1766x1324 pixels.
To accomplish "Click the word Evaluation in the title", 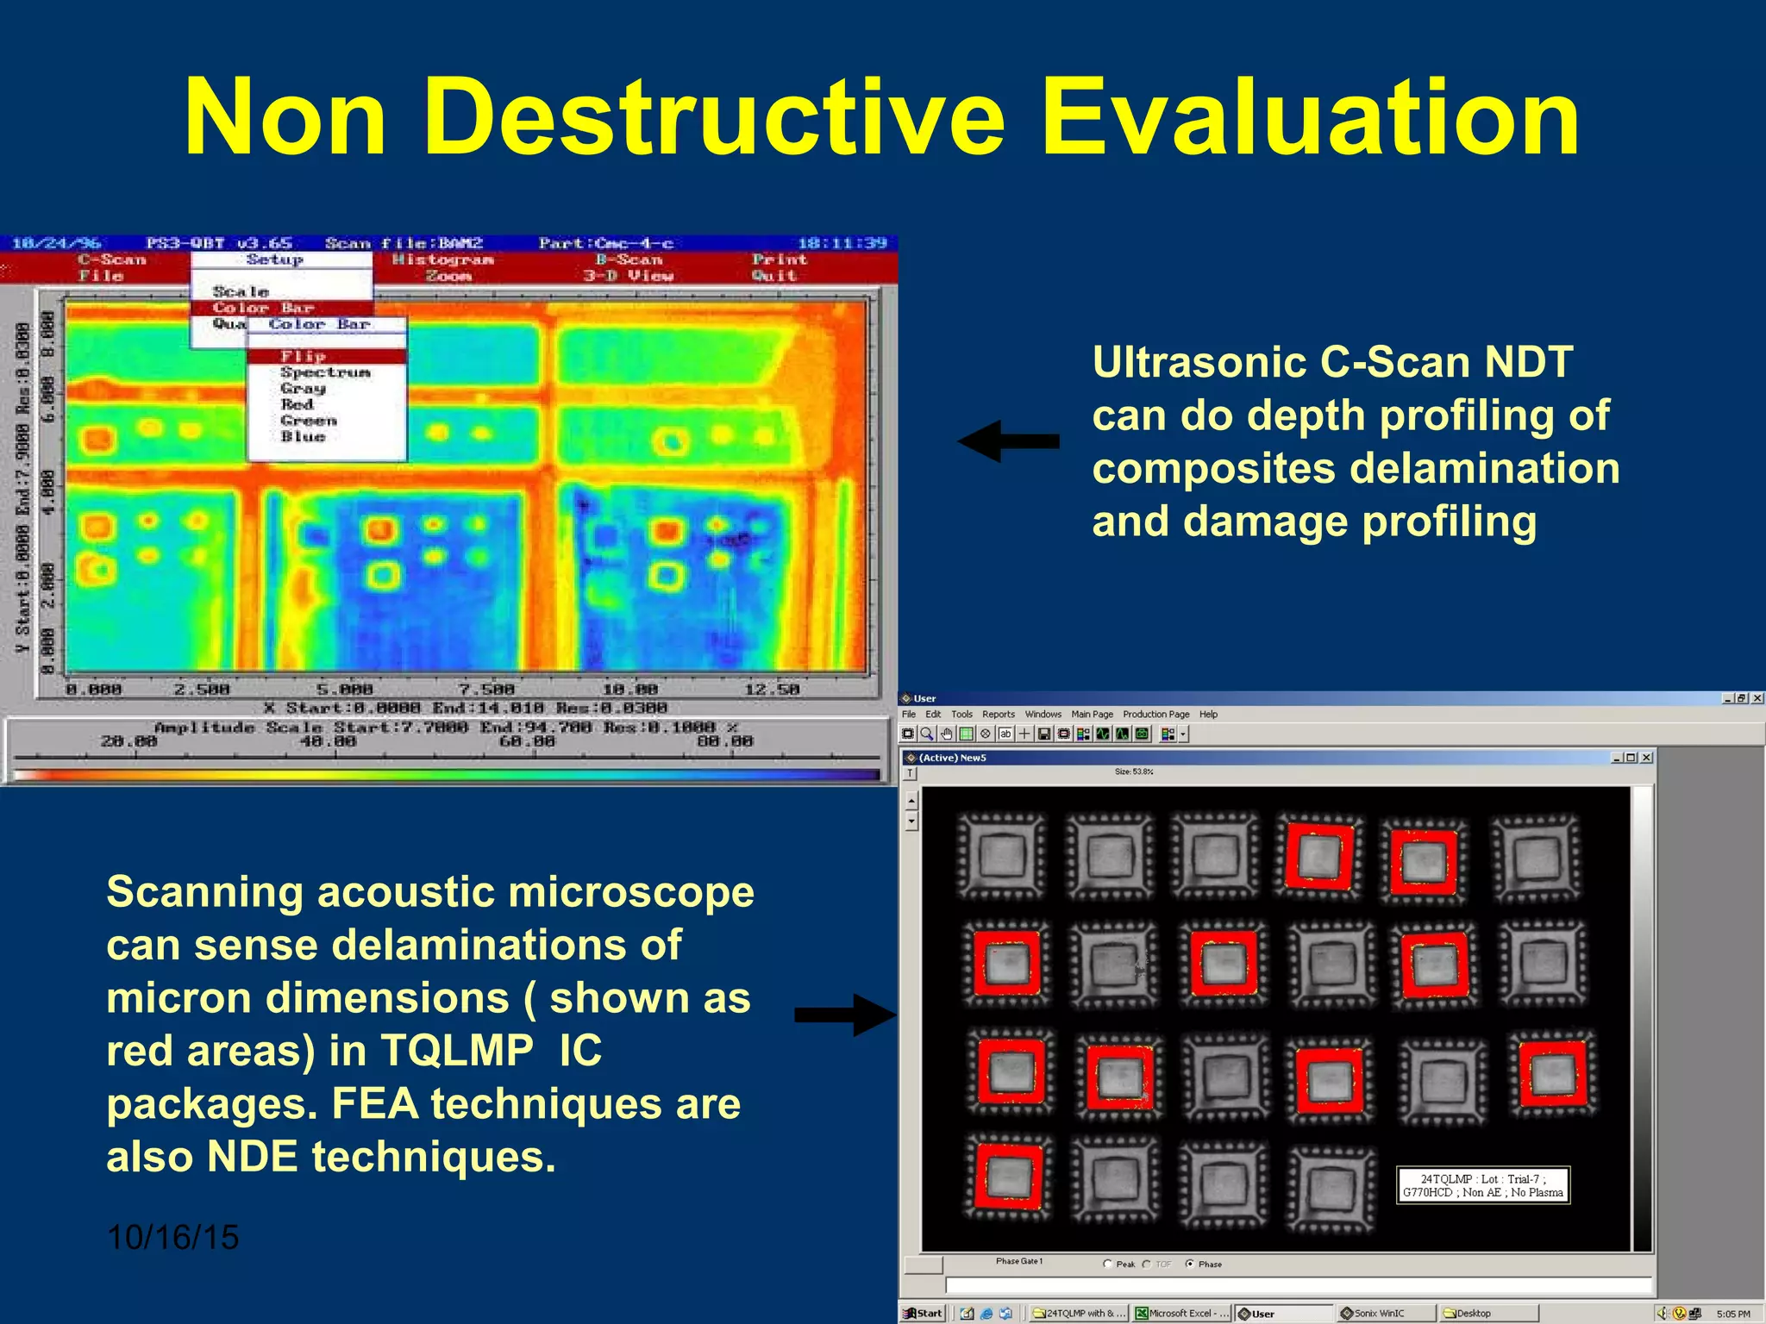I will click(1311, 118).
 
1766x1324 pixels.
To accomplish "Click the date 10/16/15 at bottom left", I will click(172, 1238).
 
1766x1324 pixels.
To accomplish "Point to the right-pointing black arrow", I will click(846, 1015).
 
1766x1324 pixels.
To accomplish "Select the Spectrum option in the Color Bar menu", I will click(325, 372).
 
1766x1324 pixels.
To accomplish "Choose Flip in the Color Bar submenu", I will click(304, 356).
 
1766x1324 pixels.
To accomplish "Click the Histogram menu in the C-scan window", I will click(442, 259).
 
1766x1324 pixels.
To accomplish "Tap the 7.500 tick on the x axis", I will click(486, 690).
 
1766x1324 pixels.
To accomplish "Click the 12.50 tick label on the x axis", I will click(772, 690).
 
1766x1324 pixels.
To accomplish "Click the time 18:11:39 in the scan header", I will click(842, 243).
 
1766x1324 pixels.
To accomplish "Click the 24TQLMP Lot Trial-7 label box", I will click(1482, 1185).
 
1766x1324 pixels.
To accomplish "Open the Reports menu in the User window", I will click(999, 714).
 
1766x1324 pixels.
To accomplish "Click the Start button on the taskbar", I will click(923, 1314).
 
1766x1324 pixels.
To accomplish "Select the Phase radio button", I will click(1190, 1264).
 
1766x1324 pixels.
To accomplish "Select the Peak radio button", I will click(1107, 1264).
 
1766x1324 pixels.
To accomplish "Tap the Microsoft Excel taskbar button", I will click(1181, 1314).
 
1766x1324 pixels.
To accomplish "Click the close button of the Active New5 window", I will click(1646, 758).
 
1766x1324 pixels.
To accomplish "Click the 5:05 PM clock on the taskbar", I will click(1732, 1314).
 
